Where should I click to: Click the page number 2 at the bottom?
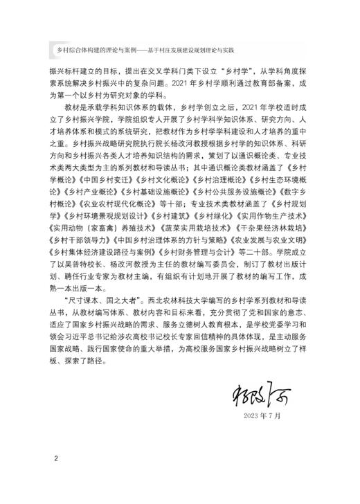tap(56, 458)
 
